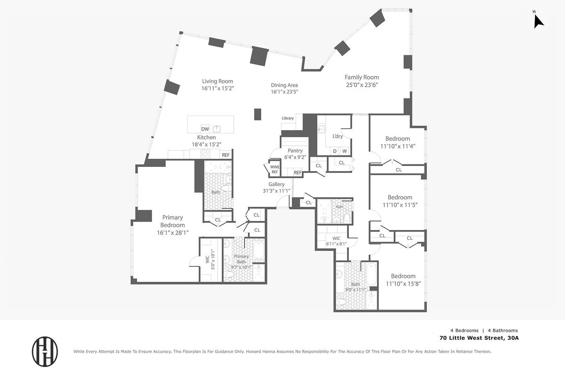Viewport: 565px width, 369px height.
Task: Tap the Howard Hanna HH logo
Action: click(x=45, y=352)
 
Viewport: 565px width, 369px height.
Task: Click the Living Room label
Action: click(x=218, y=81)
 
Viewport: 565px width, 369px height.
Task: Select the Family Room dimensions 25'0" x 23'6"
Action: click(x=362, y=85)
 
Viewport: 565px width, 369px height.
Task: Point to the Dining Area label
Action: click(x=284, y=85)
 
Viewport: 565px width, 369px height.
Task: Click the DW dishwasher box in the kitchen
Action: click(x=205, y=129)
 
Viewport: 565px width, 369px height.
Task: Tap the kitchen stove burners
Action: click(x=205, y=154)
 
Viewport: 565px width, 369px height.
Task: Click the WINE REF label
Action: click(x=274, y=169)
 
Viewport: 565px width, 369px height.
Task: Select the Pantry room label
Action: click(x=295, y=151)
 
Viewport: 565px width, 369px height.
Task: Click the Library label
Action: click(x=288, y=118)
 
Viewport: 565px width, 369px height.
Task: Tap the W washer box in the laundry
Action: click(x=345, y=151)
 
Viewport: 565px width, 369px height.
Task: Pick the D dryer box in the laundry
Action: click(x=335, y=151)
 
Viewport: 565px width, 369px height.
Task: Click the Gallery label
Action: click(x=276, y=184)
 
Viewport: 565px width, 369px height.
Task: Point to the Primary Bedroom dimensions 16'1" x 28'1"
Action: click(x=172, y=233)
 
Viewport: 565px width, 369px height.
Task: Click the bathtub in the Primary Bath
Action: click(x=258, y=250)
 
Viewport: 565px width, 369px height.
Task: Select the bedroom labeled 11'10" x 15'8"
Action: click(x=403, y=280)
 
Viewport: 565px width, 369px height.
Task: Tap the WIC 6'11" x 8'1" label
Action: click(x=336, y=241)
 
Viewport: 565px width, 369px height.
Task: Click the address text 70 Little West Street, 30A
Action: click(x=479, y=338)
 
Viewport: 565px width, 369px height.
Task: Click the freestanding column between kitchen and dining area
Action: click(x=258, y=115)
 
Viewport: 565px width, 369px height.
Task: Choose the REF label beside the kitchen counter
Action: click(x=226, y=155)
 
